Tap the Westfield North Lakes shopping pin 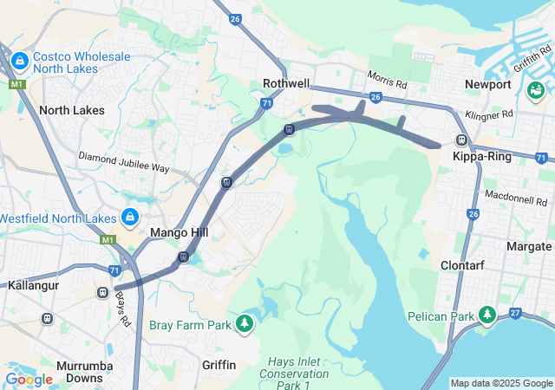[x=130, y=216]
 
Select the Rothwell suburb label [x=285, y=84]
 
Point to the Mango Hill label [x=177, y=232]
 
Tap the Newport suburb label [x=487, y=85]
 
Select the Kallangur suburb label [x=33, y=284]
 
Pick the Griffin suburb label [x=219, y=365]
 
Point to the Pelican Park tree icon [x=487, y=315]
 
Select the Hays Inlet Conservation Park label [x=295, y=367]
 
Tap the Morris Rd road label [x=387, y=81]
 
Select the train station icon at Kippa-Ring [x=462, y=140]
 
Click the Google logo [x=29, y=379]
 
